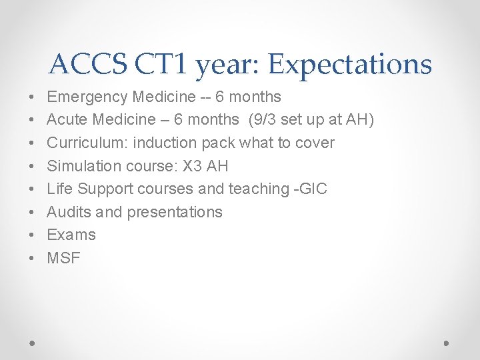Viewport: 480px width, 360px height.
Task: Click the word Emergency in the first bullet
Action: tap(87, 97)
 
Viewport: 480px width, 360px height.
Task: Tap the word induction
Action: tap(165, 143)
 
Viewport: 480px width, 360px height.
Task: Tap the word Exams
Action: tap(71, 235)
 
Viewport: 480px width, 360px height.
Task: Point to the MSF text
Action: tap(63, 258)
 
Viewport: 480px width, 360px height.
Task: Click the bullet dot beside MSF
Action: tap(33, 259)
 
